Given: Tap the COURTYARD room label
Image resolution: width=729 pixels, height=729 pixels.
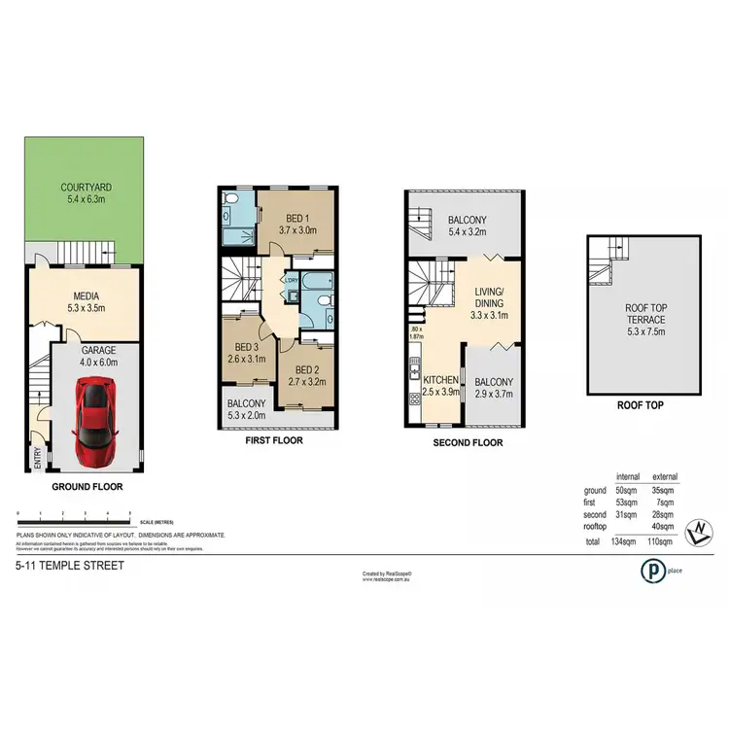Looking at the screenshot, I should (83, 189).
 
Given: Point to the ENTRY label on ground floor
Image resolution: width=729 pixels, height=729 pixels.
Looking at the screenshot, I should (38, 457).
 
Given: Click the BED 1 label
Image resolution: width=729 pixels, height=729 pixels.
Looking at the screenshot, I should (296, 218).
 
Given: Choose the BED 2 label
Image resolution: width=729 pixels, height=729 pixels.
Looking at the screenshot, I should (305, 369).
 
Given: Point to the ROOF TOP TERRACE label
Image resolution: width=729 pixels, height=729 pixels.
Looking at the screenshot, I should (643, 317).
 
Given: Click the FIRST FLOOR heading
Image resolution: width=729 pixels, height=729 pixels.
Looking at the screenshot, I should (274, 440).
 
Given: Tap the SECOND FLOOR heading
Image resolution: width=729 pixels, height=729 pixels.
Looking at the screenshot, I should (469, 442).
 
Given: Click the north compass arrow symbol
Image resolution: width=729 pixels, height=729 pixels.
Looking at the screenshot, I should (700, 531).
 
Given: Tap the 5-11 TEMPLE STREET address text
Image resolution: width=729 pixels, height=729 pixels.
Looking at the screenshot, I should (69, 565).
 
